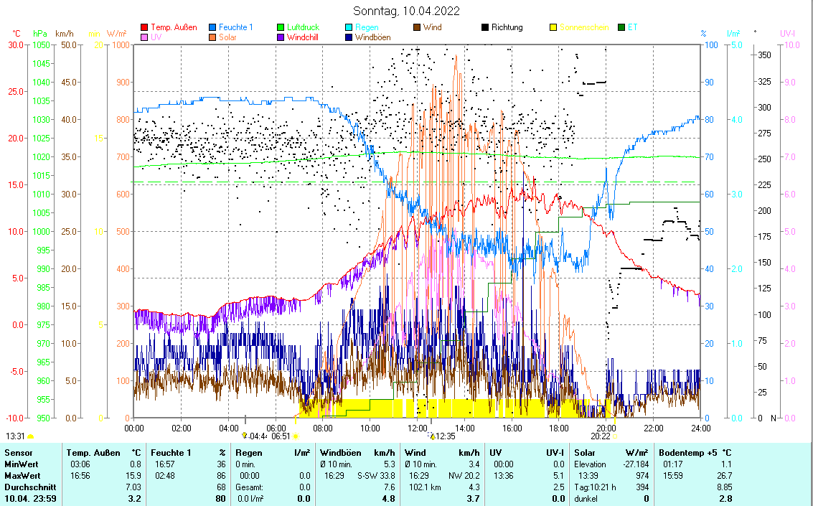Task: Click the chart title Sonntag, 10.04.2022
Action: coord(407,11)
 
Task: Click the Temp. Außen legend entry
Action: coord(174,27)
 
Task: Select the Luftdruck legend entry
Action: coord(303,27)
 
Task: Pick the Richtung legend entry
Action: coord(507,27)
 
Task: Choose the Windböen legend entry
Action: coord(372,37)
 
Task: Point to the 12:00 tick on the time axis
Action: coord(417,428)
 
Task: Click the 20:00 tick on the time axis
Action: coord(606,428)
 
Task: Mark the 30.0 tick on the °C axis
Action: coord(15,44)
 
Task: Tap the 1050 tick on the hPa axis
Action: coord(40,44)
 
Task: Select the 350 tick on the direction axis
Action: coord(764,55)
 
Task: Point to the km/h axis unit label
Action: coord(64,34)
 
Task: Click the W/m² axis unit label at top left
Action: coord(117,34)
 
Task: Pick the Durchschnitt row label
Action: coord(27,487)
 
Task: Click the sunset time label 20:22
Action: coord(600,436)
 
